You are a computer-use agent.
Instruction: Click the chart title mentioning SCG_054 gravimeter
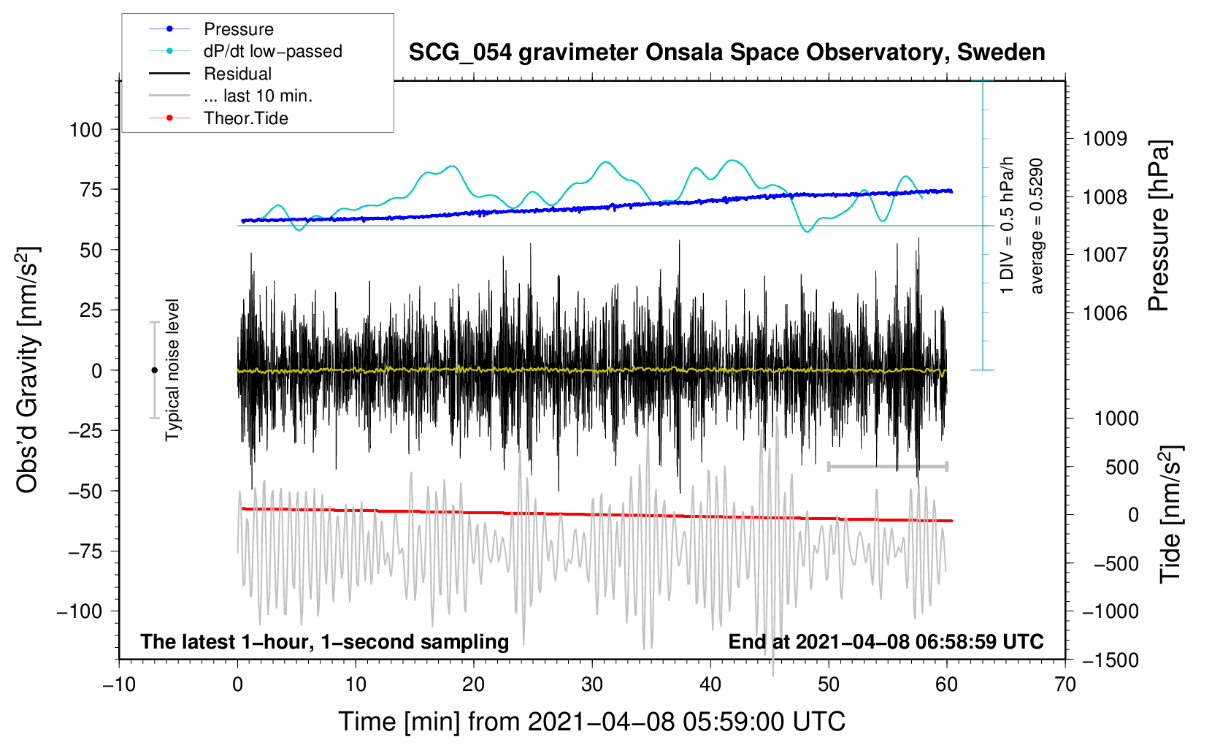tap(726, 53)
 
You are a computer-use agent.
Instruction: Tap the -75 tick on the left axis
tap(85, 551)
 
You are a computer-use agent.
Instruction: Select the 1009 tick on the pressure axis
tap(1105, 140)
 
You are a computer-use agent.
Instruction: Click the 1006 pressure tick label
tap(1105, 313)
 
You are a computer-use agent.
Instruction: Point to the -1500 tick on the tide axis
tap(1110, 660)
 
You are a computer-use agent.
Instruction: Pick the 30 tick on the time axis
tap(592, 685)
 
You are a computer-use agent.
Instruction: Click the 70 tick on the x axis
tap(1065, 685)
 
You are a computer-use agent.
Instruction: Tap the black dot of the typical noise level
tap(154, 370)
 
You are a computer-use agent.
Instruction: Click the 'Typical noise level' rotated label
tap(172, 370)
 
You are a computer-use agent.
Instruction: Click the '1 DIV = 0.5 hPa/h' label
tap(1006, 225)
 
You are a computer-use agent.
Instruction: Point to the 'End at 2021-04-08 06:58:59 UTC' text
tap(886, 641)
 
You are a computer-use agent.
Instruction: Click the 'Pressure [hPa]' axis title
tap(1159, 226)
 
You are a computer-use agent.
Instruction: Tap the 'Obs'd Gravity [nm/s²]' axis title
tap(27, 370)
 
